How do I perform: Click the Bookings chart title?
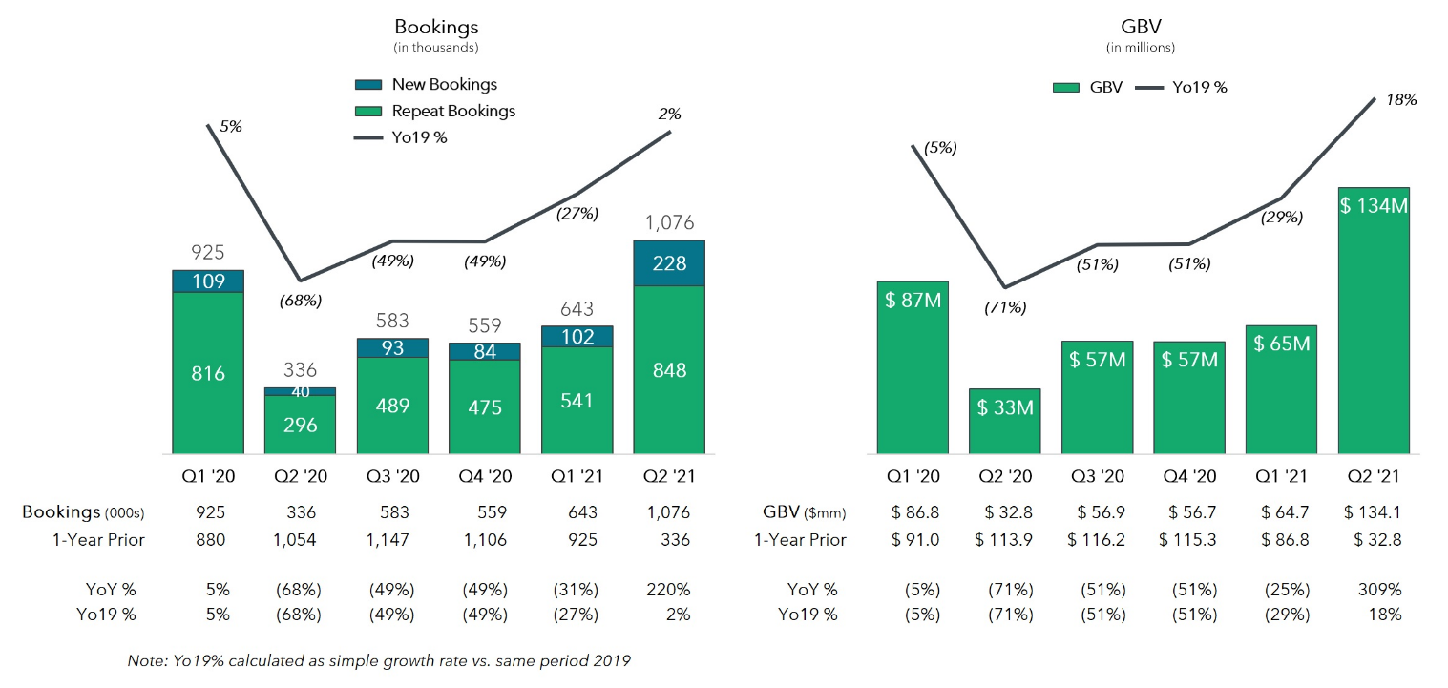click(x=436, y=26)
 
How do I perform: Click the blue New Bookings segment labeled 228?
click(x=669, y=263)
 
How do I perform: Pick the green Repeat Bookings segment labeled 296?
click(x=300, y=425)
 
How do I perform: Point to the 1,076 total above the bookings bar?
click(x=669, y=223)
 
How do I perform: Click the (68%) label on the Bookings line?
click(x=301, y=301)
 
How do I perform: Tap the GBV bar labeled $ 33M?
click(x=1004, y=421)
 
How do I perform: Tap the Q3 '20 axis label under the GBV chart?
click(x=1096, y=476)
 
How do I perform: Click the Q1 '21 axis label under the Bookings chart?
click(x=577, y=476)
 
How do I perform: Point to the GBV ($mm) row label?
click(x=805, y=512)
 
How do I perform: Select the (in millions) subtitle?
click(x=1140, y=47)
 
